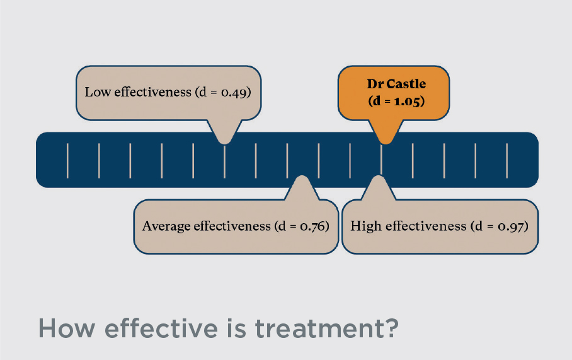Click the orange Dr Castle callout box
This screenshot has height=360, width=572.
[x=394, y=93]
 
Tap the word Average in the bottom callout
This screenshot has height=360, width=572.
[x=166, y=226]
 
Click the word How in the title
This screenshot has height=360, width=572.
[x=67, y=328]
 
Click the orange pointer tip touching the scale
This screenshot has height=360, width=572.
[x=386, y=143]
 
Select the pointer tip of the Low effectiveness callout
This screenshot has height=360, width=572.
[x=225, y=143]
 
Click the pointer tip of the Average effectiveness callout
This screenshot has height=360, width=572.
[x=302, y=177]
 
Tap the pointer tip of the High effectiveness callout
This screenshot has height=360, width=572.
[x=379, y=177]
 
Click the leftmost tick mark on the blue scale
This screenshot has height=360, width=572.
[x=67, y=161]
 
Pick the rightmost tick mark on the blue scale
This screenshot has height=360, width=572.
[x=506, y=161]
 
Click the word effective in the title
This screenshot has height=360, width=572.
[x=161, y=328]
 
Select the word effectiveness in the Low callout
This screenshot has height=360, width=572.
[x=153, y=91]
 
